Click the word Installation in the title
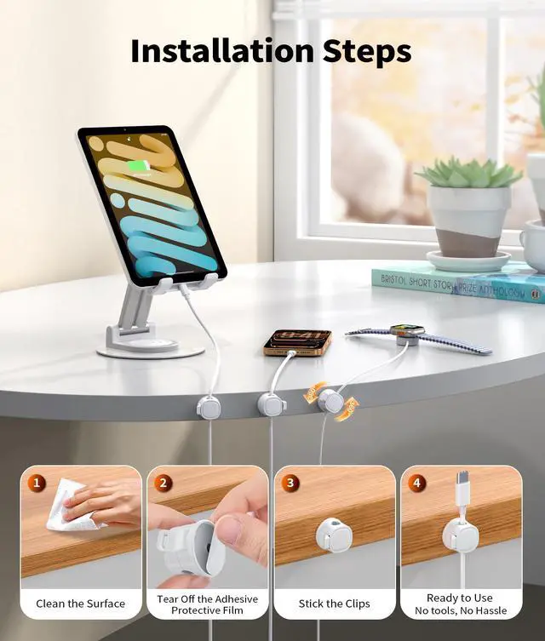point(222,51)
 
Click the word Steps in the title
point(367,52)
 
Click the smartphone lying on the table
point(297,341)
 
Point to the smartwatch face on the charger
point(407,330)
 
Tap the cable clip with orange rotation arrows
point(330,401)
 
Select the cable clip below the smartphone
point(272,403)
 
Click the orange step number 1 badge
point(37,483)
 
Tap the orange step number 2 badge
point(163,483)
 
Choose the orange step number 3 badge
point(290,483)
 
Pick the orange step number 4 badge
point(416,483)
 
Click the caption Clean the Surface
point(81,604)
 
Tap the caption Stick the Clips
point(334,604)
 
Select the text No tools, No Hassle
point(461,610)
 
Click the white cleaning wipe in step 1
point(70,507)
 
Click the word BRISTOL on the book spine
point(393,280)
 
